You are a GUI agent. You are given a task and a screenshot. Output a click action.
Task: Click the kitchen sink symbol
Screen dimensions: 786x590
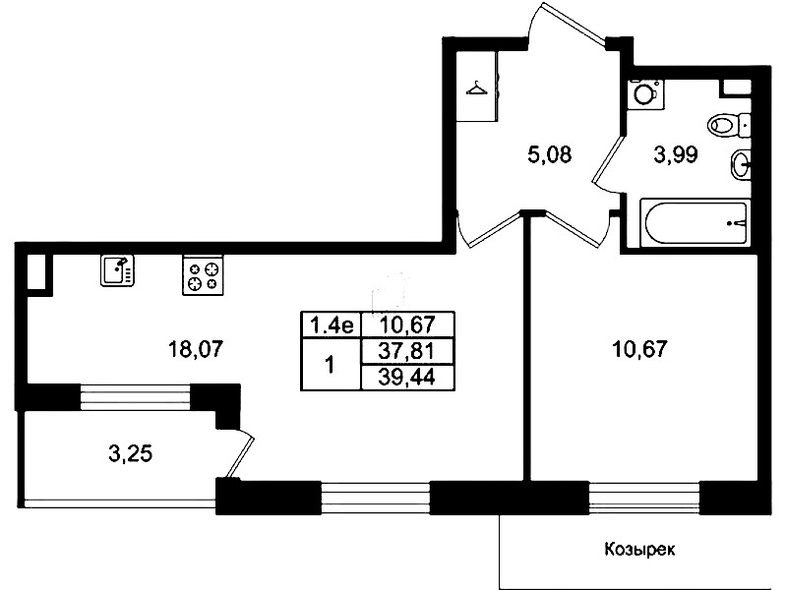118,270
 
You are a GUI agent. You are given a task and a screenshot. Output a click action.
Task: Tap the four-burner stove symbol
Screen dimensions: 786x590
203,275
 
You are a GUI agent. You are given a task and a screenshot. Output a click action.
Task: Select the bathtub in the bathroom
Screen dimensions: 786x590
695,222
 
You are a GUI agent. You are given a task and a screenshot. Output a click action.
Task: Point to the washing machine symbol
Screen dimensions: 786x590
644,92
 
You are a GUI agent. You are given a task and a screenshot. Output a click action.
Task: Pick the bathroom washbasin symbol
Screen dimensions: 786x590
741,164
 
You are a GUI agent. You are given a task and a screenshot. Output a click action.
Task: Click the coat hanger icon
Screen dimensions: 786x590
477,89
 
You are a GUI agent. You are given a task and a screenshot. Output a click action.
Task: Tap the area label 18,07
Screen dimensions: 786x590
195,349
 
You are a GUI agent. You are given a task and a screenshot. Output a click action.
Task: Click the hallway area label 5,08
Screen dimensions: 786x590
549,154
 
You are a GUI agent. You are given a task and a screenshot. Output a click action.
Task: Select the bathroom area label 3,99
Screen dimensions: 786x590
676,155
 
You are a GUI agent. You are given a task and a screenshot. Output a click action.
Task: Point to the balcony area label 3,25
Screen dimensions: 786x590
130,453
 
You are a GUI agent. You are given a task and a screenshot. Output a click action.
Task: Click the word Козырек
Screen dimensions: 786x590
639,549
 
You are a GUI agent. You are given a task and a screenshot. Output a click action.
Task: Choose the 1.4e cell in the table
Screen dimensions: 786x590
332,325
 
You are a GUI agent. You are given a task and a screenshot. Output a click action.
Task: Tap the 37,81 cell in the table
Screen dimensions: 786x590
407,351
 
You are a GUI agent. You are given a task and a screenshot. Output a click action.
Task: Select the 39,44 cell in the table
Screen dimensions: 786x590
407,378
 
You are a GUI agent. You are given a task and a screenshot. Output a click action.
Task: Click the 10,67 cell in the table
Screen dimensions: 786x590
407,325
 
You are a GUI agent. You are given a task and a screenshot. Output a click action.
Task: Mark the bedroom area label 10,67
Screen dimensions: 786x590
639,348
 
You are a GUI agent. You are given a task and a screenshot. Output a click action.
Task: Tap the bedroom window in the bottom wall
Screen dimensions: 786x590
644,498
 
